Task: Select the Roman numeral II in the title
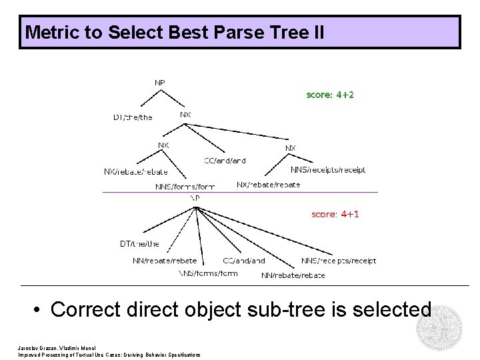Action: coord(315,32)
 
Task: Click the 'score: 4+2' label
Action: coord(330,95)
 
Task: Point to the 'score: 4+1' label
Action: coord(335,214)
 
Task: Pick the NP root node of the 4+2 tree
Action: coord(160,83)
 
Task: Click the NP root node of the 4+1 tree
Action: coord(195,198)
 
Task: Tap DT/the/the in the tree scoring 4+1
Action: coord(139,244)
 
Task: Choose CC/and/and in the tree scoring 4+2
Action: coord(225,161)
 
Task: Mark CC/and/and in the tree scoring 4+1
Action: coord(244,261)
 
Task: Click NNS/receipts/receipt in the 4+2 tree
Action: coord(327,170)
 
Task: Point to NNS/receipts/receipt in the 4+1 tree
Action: coord(339,261)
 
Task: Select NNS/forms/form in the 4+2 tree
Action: coord(185,187)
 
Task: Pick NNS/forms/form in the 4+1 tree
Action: coord(208,273)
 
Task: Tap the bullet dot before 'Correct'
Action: coord(40,310)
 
